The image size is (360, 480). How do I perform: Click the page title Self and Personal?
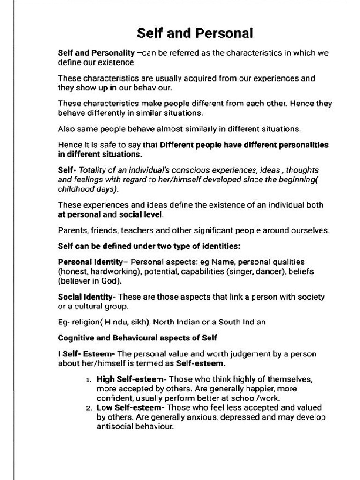tap(195, 33)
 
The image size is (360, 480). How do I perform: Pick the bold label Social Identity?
tap(85, 297)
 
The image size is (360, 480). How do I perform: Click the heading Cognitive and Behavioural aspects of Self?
tap(137, 337)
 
